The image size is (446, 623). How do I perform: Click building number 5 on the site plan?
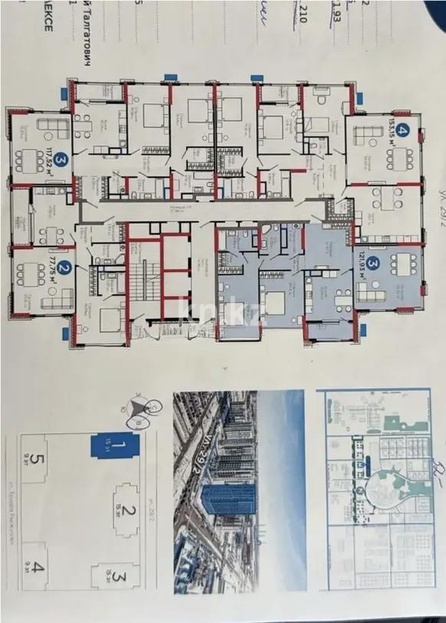pyautogui.click(x=33, y=462)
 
